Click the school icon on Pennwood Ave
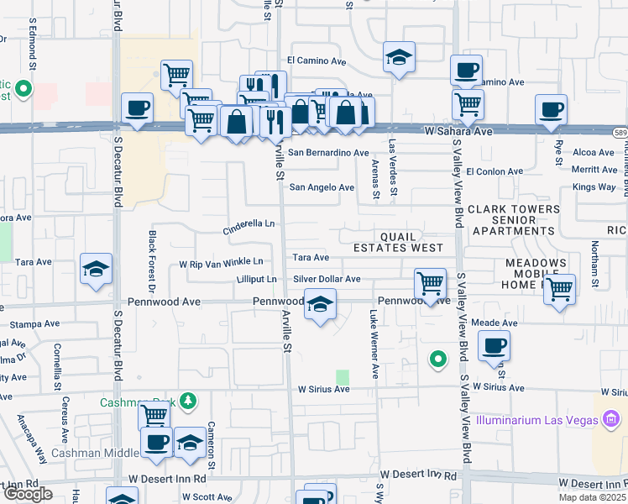(x=320, y=306)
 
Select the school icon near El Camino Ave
(x=400, y=58)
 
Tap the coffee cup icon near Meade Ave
(x=494, y=344)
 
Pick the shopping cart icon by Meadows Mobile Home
(x=559, y=290)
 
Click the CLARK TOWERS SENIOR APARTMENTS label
(x=514, y=219)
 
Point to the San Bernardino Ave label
(x=328, y=153)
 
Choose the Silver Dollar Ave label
(x=327, y=279)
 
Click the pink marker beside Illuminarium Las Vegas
(x=611, y=417)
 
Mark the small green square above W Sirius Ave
(x=342, y=377)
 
